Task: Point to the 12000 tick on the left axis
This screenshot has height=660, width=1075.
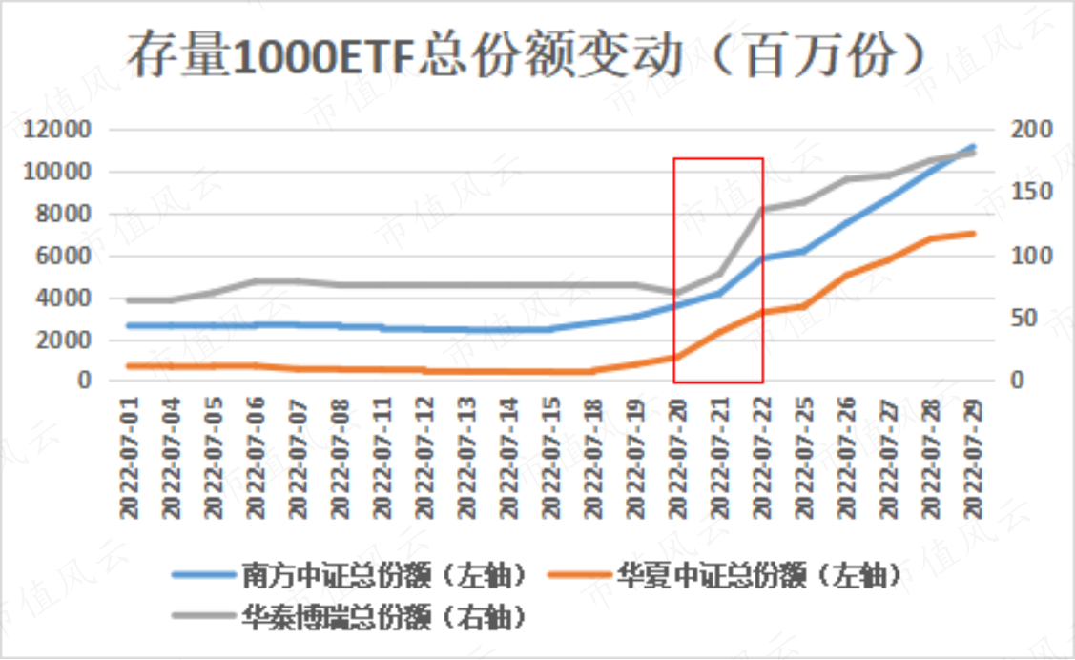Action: tap(58, 130)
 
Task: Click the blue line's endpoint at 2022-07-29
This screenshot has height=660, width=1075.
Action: tap(972, 147)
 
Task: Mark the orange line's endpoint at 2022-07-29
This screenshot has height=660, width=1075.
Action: tap(972, 233)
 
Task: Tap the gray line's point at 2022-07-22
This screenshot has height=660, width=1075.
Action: tap(761, 210)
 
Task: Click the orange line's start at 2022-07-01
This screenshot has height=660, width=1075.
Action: tap(130, 366)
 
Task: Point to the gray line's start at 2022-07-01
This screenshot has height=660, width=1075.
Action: tap(130, 300)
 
